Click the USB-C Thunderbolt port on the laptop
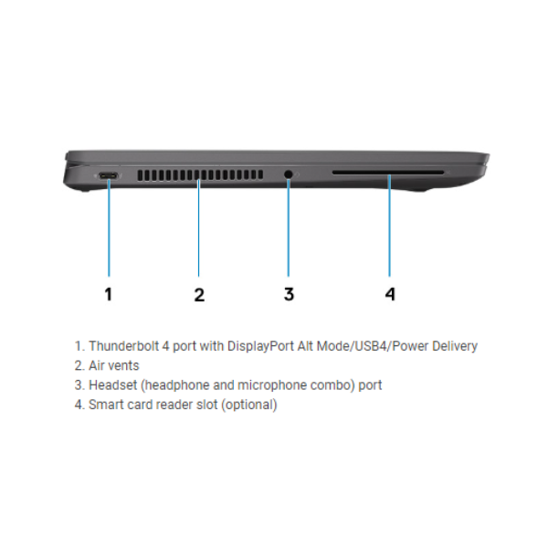coord(109,175)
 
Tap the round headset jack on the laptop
coord(289,174)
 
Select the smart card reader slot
coord(388,173)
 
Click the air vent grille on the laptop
coord(200,175)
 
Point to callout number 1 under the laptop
coord(109,294)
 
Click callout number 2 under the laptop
coord(199,294)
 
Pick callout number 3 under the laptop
coord(289,294)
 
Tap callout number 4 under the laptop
coord(390,294)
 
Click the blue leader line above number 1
coord(109,227)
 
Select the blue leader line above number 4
coord(389,226)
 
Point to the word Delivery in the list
coord(455,346)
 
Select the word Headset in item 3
coord(113,385)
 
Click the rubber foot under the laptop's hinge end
coord(83,190)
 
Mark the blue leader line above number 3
coord(289,227)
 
